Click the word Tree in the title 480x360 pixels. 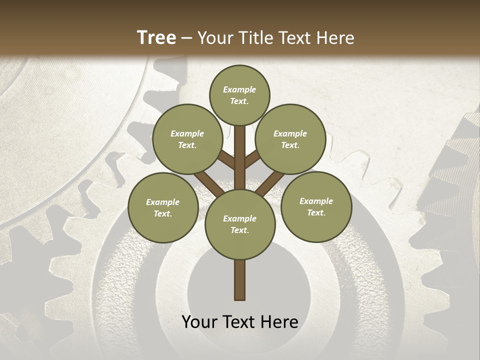coord(156,38)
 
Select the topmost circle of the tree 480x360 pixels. coord(239,95)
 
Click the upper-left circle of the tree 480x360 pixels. coord(187,139)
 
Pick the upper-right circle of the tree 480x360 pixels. coord(290,139)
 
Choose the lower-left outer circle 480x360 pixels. coord(163,207)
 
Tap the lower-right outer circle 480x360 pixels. coord(316,206)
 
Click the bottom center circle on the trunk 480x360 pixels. coord(240,224)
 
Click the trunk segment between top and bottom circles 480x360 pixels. coord(240,157)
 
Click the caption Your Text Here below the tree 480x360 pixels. coord(240,322)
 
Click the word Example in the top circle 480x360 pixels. coord(239,90)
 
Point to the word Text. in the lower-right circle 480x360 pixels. coord(316,212)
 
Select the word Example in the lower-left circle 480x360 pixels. coord(162,202)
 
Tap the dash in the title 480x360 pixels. coord(187,38)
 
